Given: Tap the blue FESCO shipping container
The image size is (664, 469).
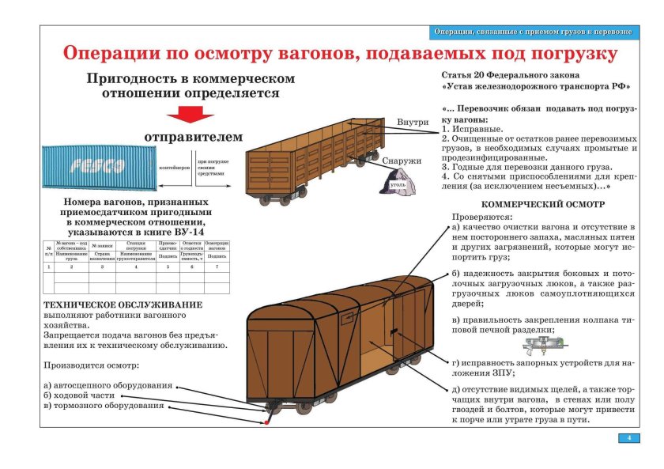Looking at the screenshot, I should pyautogui.click(x=98, y=167).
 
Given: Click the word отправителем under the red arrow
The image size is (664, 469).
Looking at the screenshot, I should pyautogui.click(x=193, y=137).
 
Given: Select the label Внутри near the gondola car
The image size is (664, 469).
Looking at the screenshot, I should pyautogui.click(x=412, y=123).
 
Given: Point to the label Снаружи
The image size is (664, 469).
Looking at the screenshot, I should pyautogui.click(x=402, y=161).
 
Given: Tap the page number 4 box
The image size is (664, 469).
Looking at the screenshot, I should pyautogui.click(x=628, y=438).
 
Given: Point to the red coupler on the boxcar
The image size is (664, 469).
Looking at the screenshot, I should pyautogui.click(x=266, y=418).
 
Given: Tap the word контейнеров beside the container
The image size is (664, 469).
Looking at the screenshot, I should pyautogui.click(x=175, y=168).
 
